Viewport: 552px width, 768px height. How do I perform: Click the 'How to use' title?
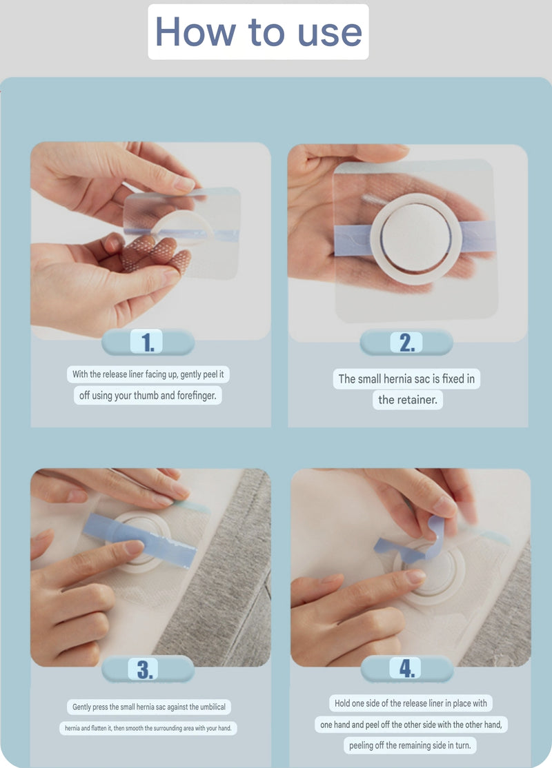(x=258, y=32)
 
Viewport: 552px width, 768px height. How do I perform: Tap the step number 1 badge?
(x=148, y=342)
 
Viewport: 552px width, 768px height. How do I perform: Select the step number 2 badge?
(x=406, y=343)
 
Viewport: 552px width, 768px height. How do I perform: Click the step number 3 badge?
(x=148, y=669)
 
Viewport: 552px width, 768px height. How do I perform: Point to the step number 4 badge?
(x=406, y=668)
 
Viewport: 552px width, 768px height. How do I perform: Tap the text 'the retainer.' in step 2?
(x=408, y=400)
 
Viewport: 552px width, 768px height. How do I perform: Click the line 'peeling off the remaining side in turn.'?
(x=412, y=745)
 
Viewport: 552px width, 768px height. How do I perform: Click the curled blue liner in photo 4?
(x=431, y=531)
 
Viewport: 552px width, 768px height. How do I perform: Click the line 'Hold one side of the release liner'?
(x=411, y=704)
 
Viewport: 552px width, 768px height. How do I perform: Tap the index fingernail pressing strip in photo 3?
(x=132, y=547)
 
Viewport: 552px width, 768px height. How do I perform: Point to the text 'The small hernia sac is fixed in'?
(x=406, y=378)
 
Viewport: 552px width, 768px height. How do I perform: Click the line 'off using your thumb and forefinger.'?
(x=148, y=396)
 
